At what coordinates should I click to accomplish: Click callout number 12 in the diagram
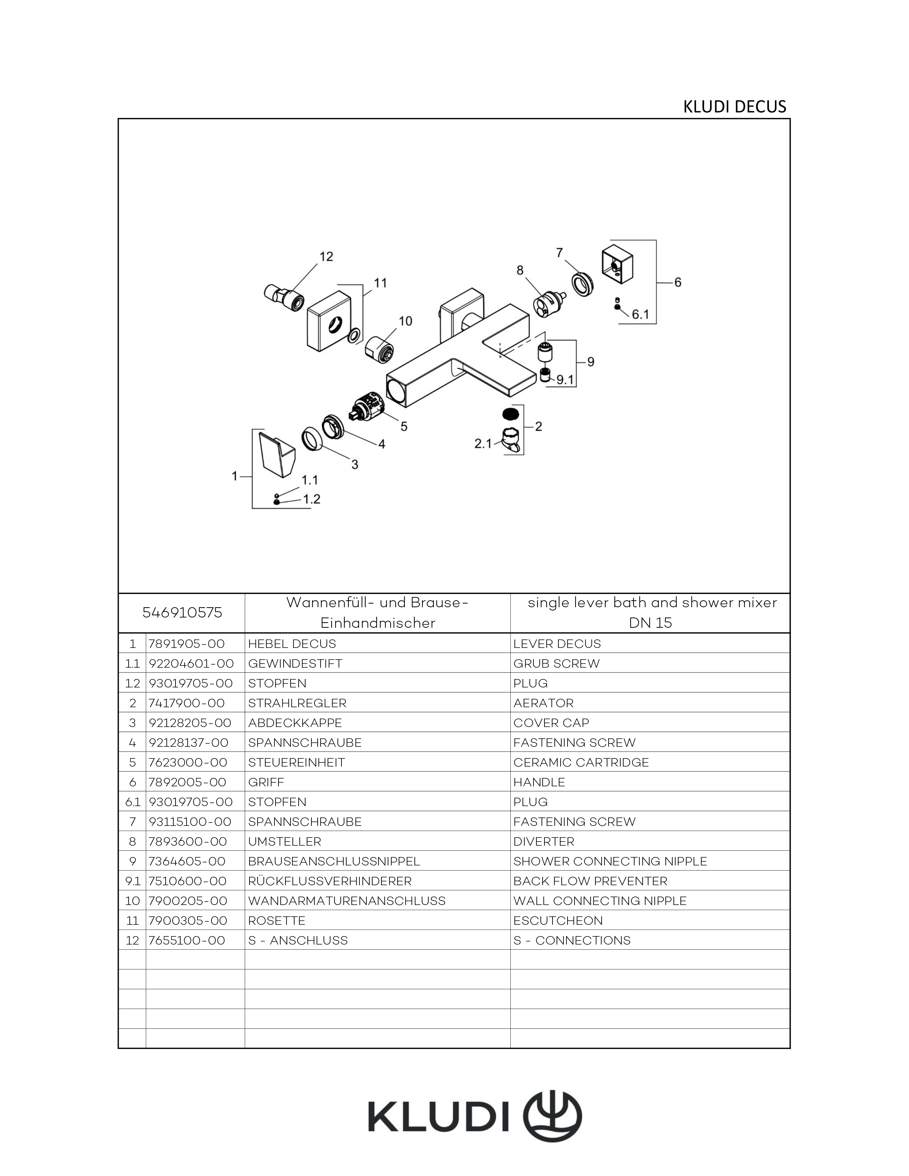pyautogui.click(x=326, y=257)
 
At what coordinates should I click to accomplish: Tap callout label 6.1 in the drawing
pyautogui.click(x=640, y=314)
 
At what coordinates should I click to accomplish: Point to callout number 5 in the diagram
pyautogui.click(x=404, y=426)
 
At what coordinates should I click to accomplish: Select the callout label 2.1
pyautogui.click(x=483, y=443)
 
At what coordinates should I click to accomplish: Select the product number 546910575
pyautogui.click(x=182, y=613)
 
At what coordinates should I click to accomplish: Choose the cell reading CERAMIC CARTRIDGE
pyautogui.click(x=581, y=763)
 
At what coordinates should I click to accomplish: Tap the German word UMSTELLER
pyautogui.click(x=285, y=842)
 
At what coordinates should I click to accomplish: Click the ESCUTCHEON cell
pyautogui.click(x=558, y=921)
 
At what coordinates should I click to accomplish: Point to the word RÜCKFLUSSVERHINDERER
pyautogui.click(x=330, y=881)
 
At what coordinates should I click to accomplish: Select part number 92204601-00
pyautogui.click(x=191, y=663)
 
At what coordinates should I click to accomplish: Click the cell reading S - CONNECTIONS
pyautogui.click(x=572, y=940)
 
